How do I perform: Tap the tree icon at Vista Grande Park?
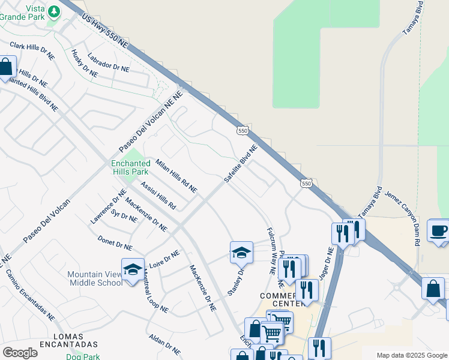coord(54,11)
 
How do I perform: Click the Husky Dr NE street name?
coord(84,63)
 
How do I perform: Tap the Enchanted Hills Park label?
coord(130,167)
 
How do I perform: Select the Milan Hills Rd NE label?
coord(176,176)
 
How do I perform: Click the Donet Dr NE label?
coord(115,242)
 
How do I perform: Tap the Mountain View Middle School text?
coord(95,278)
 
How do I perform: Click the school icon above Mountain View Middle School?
coord(133,269)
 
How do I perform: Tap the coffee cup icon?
coord(438,230)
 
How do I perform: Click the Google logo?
coord(20,353)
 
